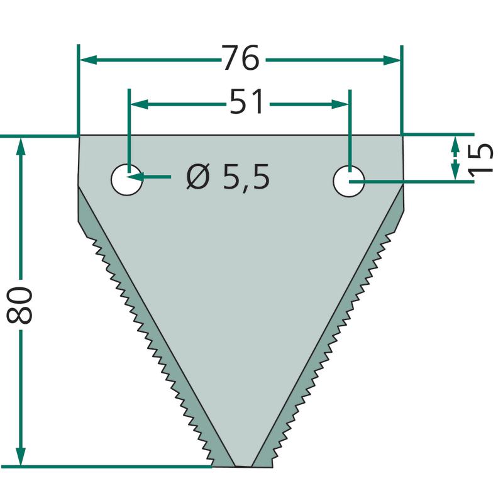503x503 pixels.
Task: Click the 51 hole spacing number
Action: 246,102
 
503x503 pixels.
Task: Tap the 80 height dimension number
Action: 19,305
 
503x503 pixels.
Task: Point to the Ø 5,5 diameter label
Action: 228,177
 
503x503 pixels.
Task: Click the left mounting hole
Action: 127,180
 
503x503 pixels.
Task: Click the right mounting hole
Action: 349,181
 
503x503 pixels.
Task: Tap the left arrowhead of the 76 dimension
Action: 89,60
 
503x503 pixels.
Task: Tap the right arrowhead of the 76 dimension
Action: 392,60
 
